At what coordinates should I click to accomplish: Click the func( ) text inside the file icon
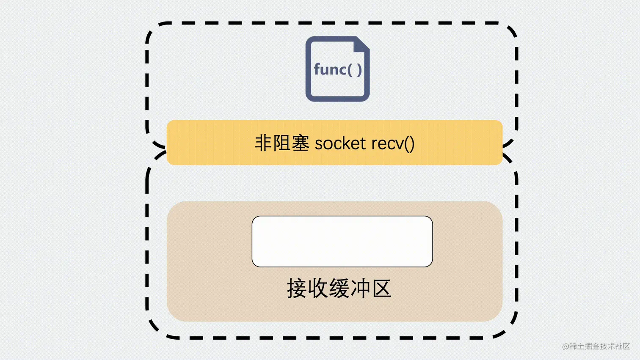point(338,69)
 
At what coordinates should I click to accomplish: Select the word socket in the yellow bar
point(340,143)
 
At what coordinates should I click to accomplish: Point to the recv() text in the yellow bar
point(393,143)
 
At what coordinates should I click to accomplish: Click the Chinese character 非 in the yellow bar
point(263,143)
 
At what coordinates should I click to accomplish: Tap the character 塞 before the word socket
point(301,143)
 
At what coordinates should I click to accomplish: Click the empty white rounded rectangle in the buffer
point(342,242)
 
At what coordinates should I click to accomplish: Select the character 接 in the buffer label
point(297,289)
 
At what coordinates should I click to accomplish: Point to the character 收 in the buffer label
point(318,289)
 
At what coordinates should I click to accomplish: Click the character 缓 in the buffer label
point(339,289)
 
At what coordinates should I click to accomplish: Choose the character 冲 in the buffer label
point(360,289)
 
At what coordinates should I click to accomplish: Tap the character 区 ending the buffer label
point(381,289)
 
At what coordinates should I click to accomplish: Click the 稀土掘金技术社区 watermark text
point(600,346)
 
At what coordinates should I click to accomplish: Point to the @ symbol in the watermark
point(566,346)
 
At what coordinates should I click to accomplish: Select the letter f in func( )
point(317,69)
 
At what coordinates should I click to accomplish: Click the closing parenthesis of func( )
point(359,70)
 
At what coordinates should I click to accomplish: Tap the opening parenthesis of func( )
point(350,70)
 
